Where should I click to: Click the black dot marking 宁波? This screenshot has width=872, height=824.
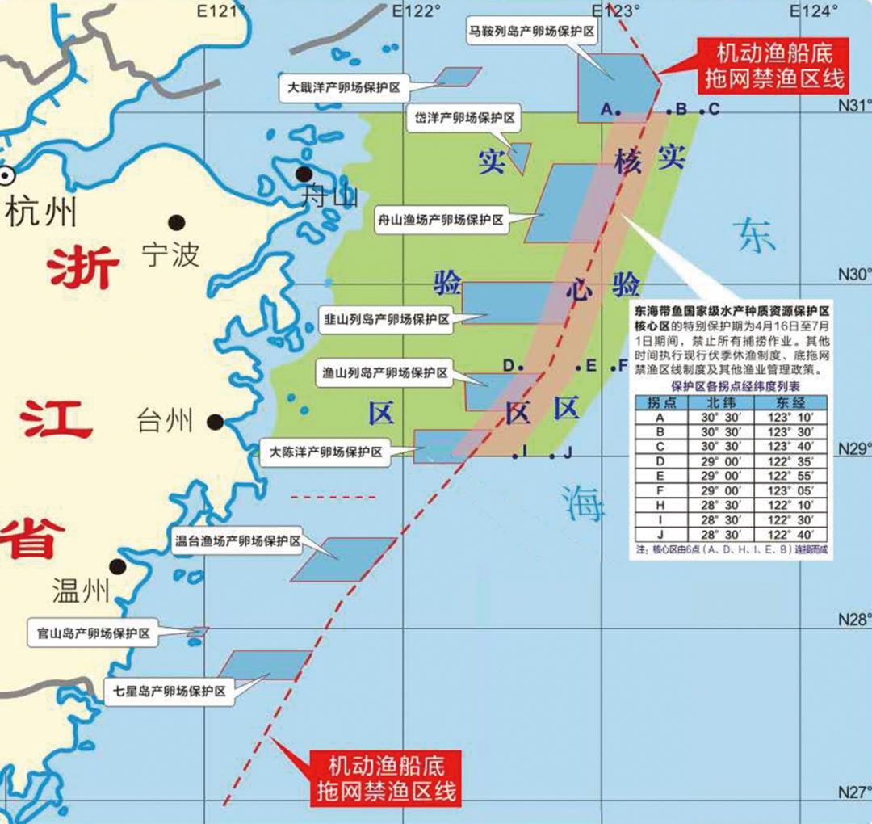click(x=177, y=222)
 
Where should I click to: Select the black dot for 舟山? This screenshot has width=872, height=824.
click(x=304, y=174)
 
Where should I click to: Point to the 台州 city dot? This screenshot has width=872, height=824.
click(x=215, y=421)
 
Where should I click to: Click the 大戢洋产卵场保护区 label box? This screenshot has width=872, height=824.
click(x=344, y=86)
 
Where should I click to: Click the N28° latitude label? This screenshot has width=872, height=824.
click(x=854, y=619)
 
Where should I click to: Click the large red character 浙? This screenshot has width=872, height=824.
click(x=83, y=268)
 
